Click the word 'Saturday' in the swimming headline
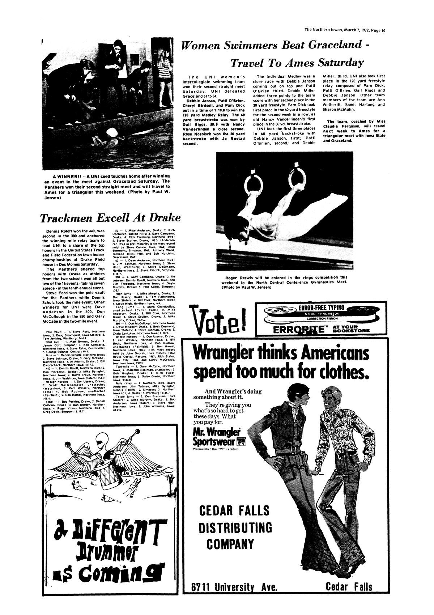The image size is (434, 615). pos(340,63)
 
